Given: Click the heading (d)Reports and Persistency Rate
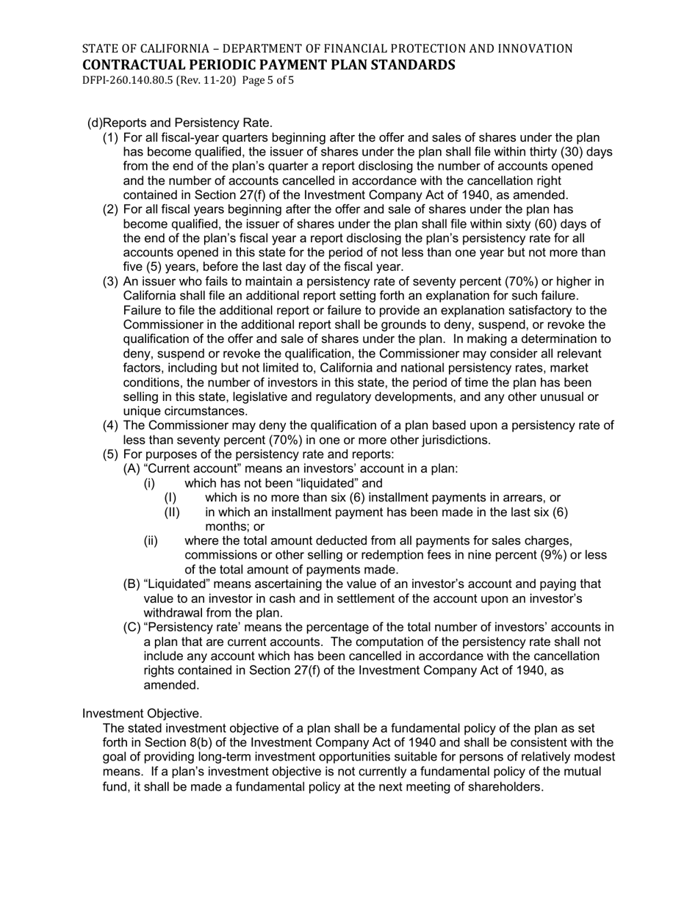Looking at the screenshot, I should [x=180, y=123].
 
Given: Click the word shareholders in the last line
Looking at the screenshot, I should [x=505, y=786].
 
